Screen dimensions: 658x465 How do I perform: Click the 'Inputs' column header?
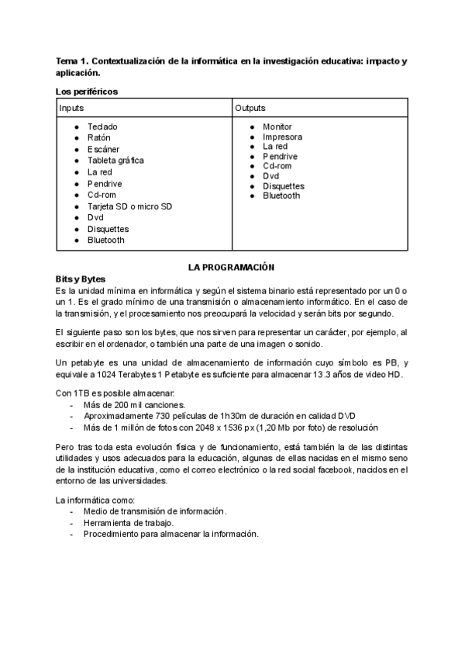tap(72, 108)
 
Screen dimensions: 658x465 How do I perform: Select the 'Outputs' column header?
tap(250, 108)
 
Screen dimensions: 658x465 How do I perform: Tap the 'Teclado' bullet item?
tap(102, 126)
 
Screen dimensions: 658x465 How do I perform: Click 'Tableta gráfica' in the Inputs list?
tap(115, 161)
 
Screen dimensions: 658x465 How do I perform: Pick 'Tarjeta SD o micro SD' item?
tap(129, 206)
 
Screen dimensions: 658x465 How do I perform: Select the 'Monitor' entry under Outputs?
tap(277, 126)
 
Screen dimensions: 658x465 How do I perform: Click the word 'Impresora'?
tap(282, 137)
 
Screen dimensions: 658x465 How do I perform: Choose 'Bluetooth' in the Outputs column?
tap(281, 196)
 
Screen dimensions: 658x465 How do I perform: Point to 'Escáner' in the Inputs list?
tap(104, 149)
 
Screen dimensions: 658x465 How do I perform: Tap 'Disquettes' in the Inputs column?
tap(108, 230)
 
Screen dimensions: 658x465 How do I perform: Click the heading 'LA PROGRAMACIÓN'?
tap(232, 267)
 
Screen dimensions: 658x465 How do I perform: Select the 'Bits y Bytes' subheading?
tap(81, 279)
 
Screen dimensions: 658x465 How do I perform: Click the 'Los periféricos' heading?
tap(87, 92)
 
